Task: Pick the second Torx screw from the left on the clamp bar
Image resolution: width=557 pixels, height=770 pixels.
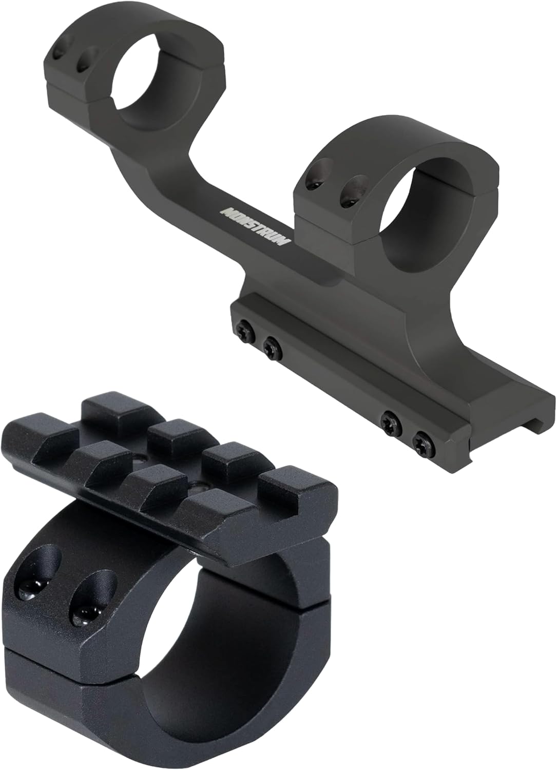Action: [270, 348]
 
